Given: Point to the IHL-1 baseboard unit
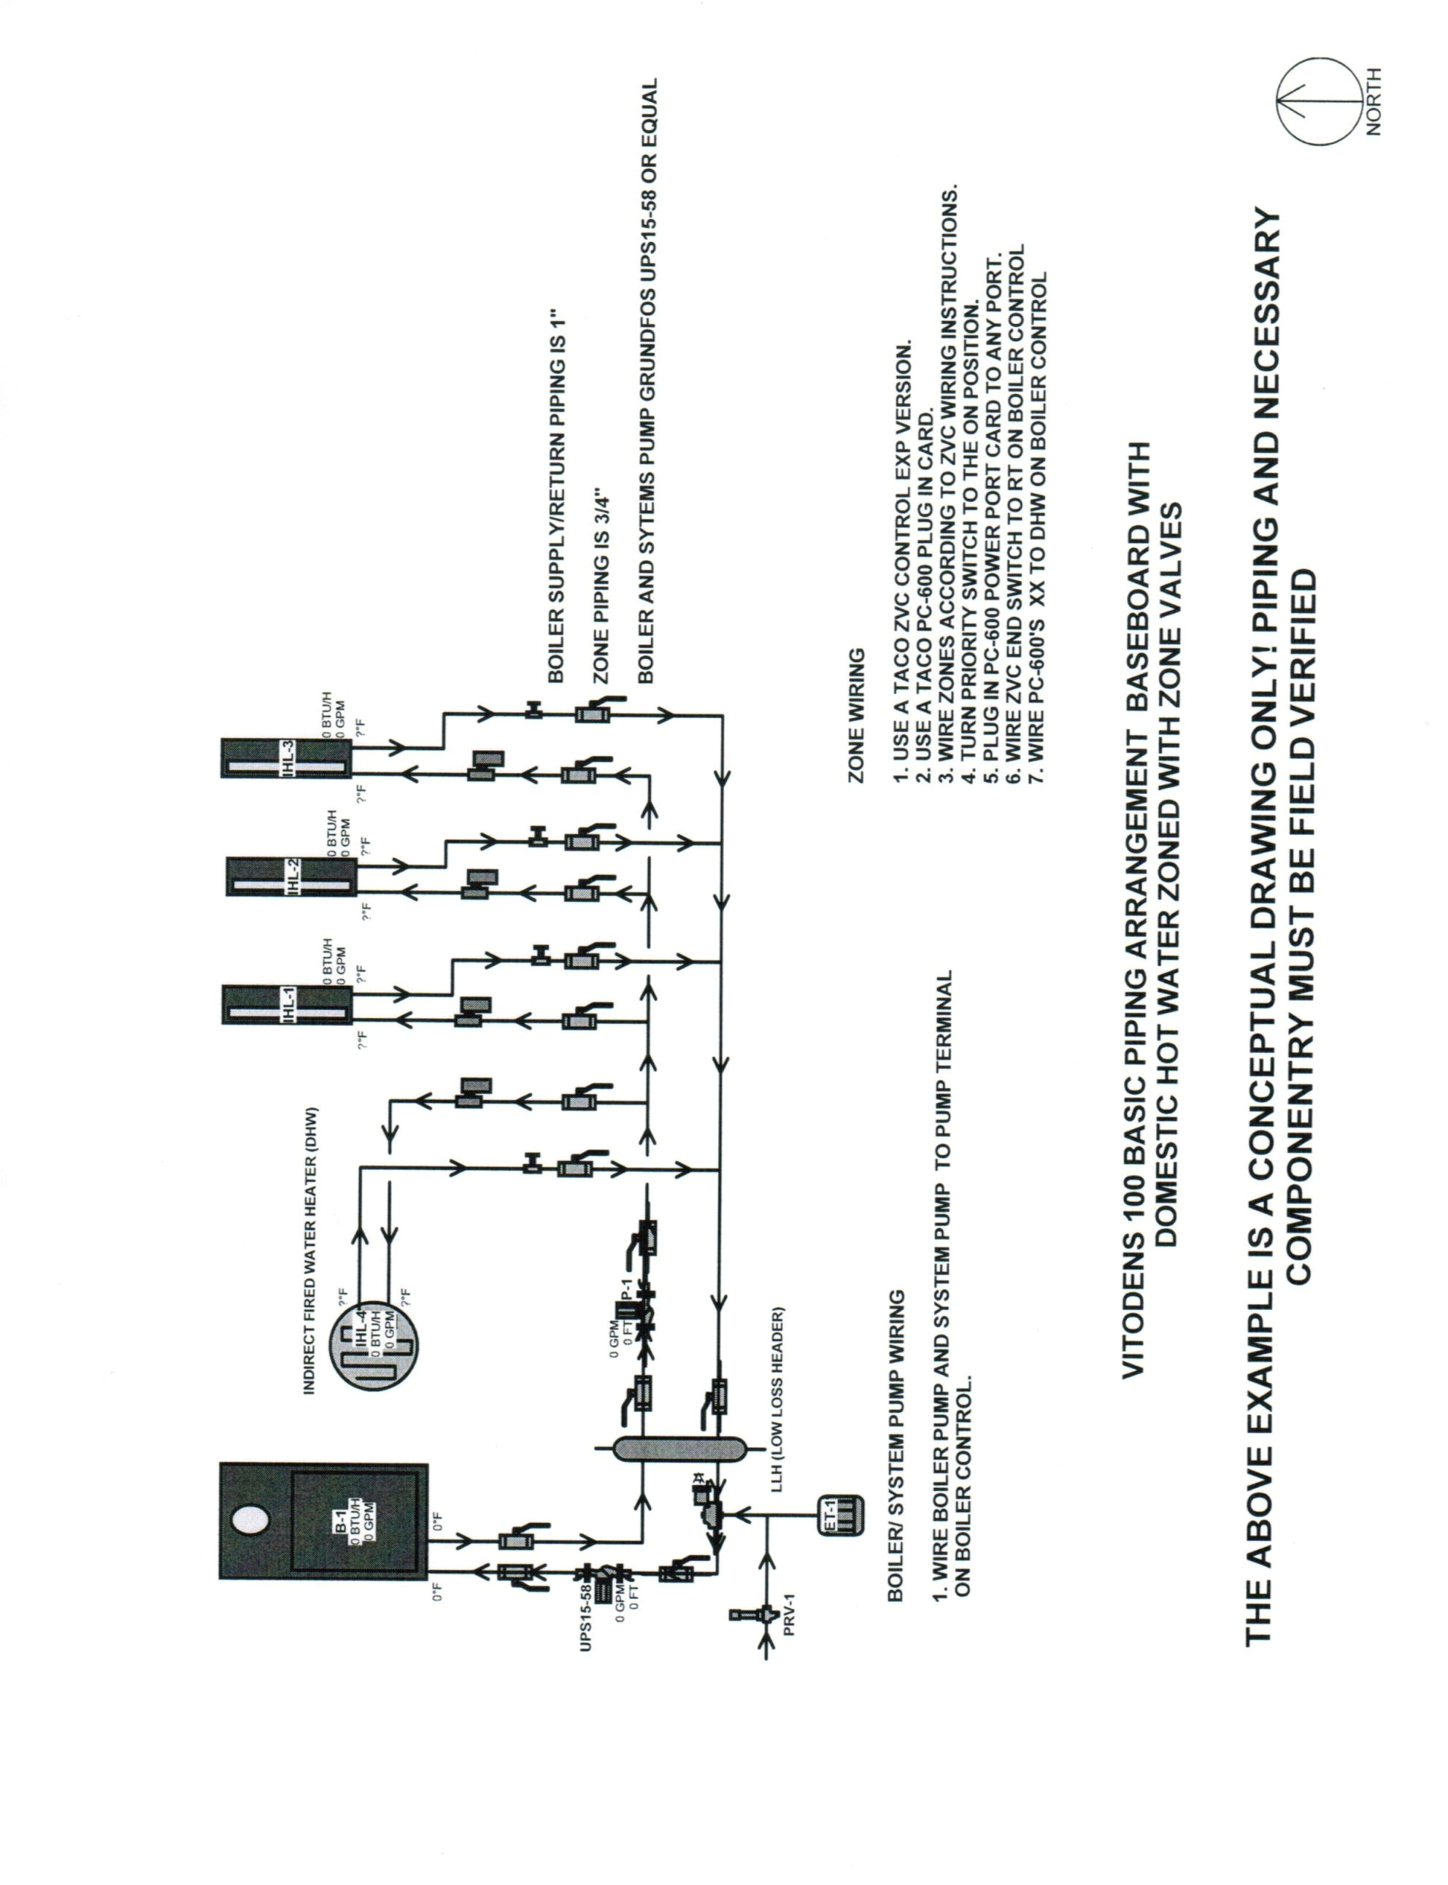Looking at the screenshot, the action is coord(287,1003).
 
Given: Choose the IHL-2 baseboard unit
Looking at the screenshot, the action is coord(291,876).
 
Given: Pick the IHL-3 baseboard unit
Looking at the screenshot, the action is coord(286,758).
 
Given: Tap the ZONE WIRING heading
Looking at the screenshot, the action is coord(857,715).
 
